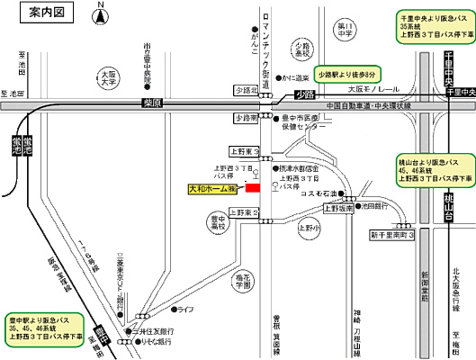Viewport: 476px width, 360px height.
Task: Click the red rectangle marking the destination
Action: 252,188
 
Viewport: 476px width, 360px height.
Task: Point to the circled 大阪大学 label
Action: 109,77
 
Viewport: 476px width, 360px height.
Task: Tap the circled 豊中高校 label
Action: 217,223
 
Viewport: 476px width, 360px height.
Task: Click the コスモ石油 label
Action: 319,193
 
